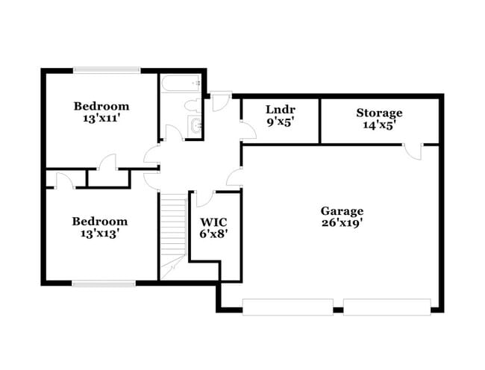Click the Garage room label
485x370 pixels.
342,210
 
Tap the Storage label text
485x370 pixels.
378,113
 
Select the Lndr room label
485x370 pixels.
281,109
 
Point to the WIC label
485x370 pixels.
213,222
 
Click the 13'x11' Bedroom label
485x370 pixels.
101,106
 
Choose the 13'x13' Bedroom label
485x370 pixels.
99,221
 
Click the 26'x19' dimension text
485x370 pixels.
342,222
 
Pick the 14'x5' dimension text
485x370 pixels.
378,125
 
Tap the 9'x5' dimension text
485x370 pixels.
281,121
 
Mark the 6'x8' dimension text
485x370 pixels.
213,233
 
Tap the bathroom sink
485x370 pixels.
196,126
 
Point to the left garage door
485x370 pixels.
287,306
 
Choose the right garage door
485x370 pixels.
387,306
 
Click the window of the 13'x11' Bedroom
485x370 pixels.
106,71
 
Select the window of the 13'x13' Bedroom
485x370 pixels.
104,283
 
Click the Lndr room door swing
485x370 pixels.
245,128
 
